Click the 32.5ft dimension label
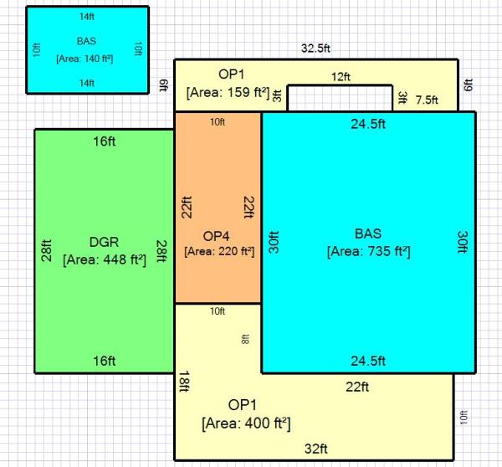[x=315, y=49]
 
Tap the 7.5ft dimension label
[x=427, y=100]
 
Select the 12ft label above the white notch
[x=341, y=77]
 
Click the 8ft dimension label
[x=245, y=339]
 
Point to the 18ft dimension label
[x=184, y=382]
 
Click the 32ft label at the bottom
[x=316, y=449]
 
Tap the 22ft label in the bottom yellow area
[x=357, y=387]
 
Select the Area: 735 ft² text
[x=368, y=251]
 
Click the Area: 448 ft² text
[x=105, y=259]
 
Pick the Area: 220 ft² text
[x=219, y=251]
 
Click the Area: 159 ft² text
[x=228, y=93]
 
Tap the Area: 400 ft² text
[x=246, y=423]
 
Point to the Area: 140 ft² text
[x=85, y=59]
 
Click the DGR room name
[x=104, y=242]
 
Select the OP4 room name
[x=216, y=236]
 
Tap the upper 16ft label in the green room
[x=105, y=141]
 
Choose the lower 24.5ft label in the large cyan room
[x=368, y=361]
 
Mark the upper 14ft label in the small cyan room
[x=87, y=17]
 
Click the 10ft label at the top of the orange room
[x=218, y=122]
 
